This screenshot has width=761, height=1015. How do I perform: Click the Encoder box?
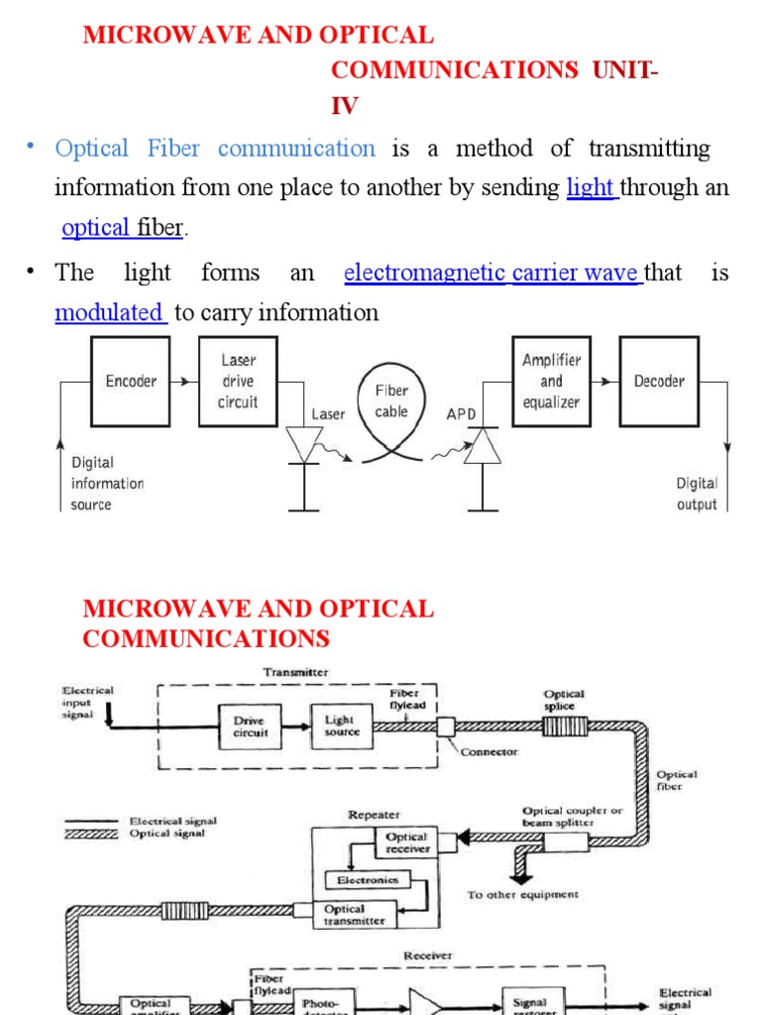(x=131, y=382)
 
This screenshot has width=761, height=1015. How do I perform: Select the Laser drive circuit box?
(x=238, y=382)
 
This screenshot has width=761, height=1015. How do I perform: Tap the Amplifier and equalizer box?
(x=551, y=382)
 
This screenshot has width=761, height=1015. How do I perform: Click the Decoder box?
(x=659, y=382)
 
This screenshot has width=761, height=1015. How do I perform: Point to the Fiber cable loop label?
(x=391, y=401)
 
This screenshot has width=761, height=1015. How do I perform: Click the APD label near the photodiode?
(x=461, y=414)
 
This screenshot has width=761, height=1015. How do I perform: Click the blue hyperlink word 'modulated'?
(x=109, y=313)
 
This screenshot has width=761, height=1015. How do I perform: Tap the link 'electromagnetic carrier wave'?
(x=491, y=273)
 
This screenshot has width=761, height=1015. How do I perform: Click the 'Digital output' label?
(x=697, y=494)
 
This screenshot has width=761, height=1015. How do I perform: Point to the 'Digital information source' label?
(x=107, y=484)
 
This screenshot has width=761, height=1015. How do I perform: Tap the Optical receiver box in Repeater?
(x=406, y=844)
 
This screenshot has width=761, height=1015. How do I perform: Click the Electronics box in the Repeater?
(x=367, y=879)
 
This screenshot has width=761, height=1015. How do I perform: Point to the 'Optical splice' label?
(x=564, y=701)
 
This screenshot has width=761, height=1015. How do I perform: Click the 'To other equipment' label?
(x=522, y=895)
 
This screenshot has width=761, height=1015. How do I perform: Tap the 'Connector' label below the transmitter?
(x=489, y=752)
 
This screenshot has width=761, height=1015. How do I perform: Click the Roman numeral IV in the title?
(x=345, y=106)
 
